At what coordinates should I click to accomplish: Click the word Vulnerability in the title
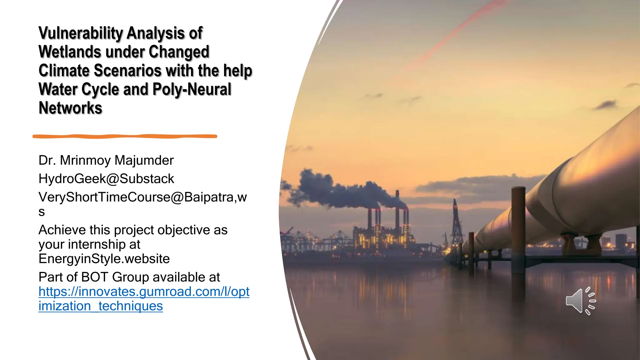(x=81, y=33)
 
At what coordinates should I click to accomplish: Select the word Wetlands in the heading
(x=70, y=52)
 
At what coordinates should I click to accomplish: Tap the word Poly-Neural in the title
(x=192, y=89)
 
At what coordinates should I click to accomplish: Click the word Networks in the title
(x=70, y=108)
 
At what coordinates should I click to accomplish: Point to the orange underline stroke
(x=125, y=136)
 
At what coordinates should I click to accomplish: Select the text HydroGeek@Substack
(x=106, y=179)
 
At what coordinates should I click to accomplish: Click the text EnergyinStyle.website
(x=104, y=259)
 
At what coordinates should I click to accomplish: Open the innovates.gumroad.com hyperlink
(x=144, y=292)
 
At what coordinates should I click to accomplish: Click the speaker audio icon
(x=580, y=301)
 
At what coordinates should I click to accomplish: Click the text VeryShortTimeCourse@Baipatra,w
(x=142, y=197)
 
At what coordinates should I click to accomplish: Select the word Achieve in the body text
(x=62, y=230)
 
